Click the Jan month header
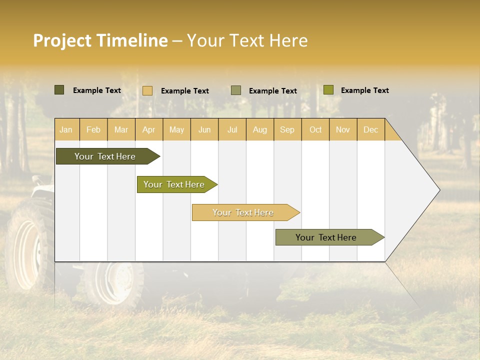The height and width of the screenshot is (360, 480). (x=66, y=129)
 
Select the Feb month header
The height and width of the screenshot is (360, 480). (x=93, y=129)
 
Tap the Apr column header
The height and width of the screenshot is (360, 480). (x=149, y=129)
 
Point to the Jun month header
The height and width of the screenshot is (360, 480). (x=204, y=129)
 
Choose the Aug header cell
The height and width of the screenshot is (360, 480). (x=260, y=129)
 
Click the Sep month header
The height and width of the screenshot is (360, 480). (x=287, y=129)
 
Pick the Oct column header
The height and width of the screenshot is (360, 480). (x=315, y=129)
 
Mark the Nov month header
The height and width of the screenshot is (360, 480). (x=343, y=129)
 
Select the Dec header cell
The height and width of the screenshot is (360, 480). (x=371, y=129)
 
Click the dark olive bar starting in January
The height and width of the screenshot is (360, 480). (x=105, y=156)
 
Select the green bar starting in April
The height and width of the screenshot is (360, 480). (x=174, y=184)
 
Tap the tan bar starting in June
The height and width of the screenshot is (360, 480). (x=243, y=212)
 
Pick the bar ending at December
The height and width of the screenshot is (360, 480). (x=326, y=237)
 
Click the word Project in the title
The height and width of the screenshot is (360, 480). (x=62, y=40)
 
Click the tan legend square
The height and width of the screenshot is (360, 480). (x=147, y=90)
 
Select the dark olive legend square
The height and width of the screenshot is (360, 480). (x=59, y=90)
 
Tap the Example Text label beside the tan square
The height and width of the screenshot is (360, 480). (x=185, y=91)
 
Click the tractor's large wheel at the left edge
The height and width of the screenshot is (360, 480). (x=27, y=247)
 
